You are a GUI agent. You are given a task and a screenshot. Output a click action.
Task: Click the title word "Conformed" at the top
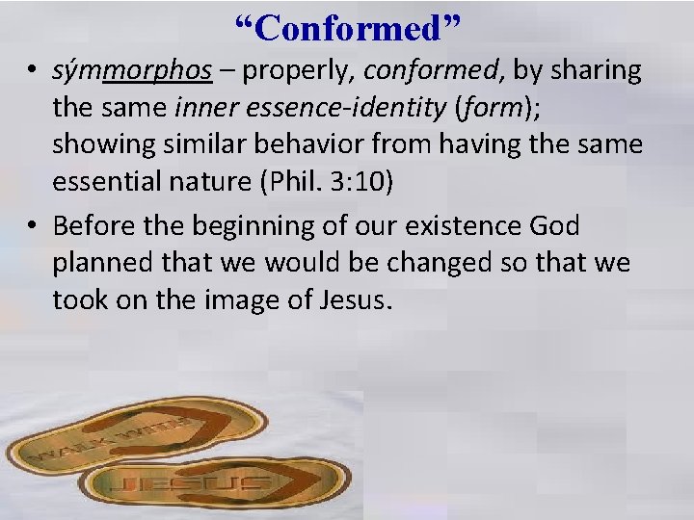point(348,29)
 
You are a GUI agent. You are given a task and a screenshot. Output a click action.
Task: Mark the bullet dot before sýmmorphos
point(32,71)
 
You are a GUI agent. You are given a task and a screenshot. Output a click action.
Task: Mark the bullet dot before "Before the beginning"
point(32,227)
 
